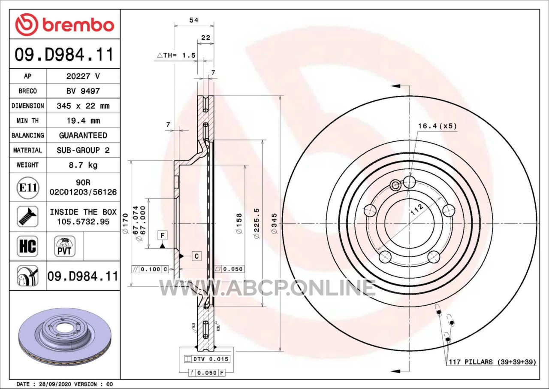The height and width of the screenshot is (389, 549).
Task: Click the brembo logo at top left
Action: (65, 25)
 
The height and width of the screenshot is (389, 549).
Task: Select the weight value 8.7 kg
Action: (83, 165)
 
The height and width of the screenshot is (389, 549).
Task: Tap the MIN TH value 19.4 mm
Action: (83, 121)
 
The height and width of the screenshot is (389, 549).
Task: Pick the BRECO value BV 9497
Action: (83, 91)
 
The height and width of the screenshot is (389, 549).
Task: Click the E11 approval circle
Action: (28, 188)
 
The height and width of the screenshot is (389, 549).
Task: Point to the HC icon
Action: (27, 246)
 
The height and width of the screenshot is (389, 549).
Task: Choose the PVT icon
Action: (65, 246)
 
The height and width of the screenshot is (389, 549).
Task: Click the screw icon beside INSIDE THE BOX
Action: (27, 216)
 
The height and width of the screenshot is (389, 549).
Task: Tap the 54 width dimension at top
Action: (193, 20)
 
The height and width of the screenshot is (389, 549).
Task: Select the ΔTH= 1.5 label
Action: (176, 55)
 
